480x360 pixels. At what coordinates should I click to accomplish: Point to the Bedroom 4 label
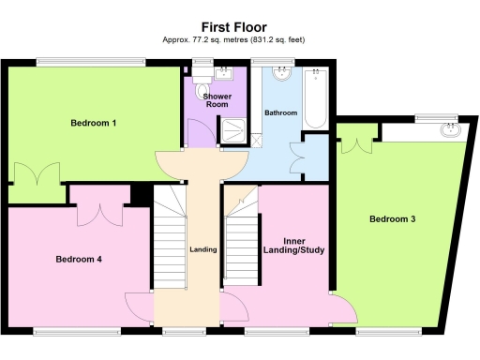(78, 259)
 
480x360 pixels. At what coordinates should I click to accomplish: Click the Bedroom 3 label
(392, 219)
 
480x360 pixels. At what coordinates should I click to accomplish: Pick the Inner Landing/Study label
(296, 244)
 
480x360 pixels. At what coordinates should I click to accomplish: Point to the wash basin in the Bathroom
(280, 75)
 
